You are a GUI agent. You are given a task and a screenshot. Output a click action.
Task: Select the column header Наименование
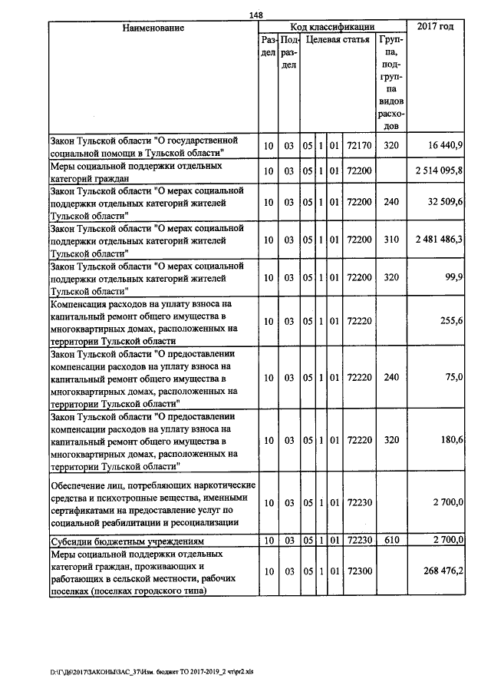(153, 28)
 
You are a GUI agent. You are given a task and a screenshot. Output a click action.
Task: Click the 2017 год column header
(435, 27)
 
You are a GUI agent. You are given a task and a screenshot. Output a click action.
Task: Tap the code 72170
(359, 144)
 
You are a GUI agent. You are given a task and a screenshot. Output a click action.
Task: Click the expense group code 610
(391, 541)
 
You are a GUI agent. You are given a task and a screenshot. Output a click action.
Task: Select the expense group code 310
(391, 240)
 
